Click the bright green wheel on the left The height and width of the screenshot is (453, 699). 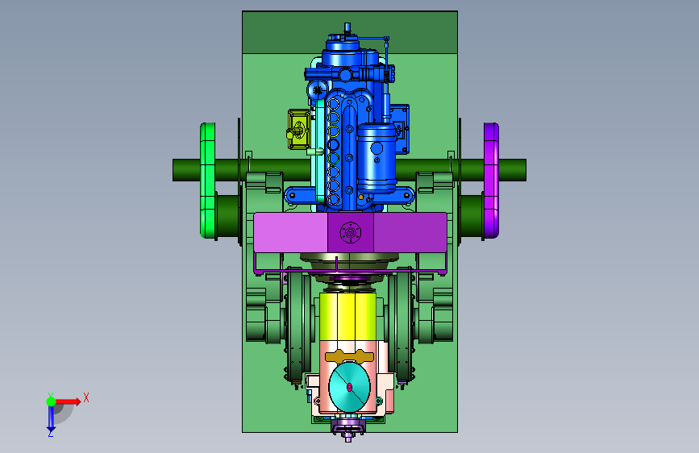pyautogui.click(x=207, y=180)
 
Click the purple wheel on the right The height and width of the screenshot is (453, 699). pyautogui.click(x=491, y=180)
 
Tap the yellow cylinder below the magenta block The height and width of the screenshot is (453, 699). pyautogui.click(x=347, y=316)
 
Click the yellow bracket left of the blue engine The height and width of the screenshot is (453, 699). pyautogui.click(x=298, y=129)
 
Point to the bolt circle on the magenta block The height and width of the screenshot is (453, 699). pyautogui.click(x=350, y=233)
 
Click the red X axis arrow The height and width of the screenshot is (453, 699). pyautogui.click(x=67, y=401)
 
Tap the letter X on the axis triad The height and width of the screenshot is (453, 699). pyautogui.click(x=86, y=397)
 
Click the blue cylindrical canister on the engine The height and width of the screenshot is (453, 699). pyautogui.click(x=377, y=158)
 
